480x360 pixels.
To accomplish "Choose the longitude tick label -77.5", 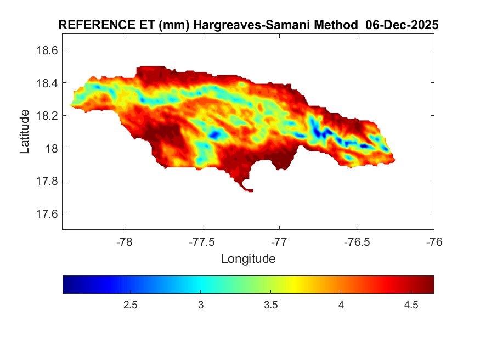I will click(x=202, y=241).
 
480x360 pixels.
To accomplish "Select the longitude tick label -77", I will click(x=279, y=241).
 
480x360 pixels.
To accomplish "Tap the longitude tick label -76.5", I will click(x=357, y=241).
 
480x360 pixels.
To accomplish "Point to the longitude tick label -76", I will click(x=434, y=241).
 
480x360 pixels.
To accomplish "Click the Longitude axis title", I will click(x=248, y=258).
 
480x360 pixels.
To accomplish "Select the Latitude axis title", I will click(x=25, y=131).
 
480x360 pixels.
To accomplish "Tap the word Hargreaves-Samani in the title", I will click(x=269, y=26).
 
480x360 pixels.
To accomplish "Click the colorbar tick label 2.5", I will click(x=131, y=305).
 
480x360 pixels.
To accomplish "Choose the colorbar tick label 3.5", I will click(x=270, y=305).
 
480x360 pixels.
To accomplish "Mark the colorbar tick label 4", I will click(x=341, y=305).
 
